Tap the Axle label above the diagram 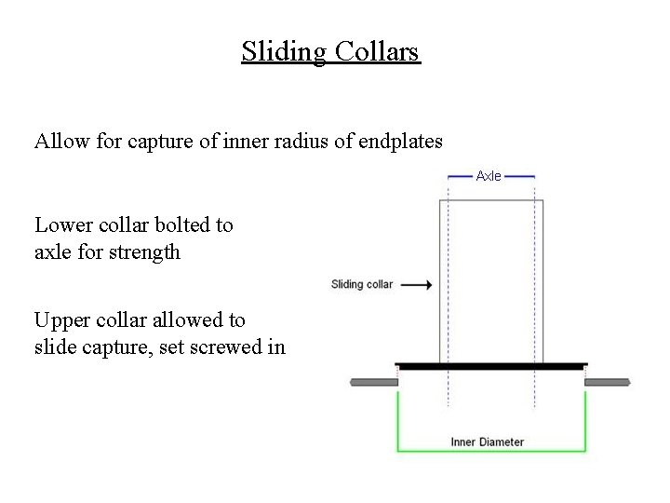(489, 175)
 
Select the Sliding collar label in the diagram (362, 284)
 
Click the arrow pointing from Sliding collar (417, 285)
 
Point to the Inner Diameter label (487, 442)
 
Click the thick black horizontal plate (491, 367)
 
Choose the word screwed (233, 347)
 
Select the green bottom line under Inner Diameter (491, 452)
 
